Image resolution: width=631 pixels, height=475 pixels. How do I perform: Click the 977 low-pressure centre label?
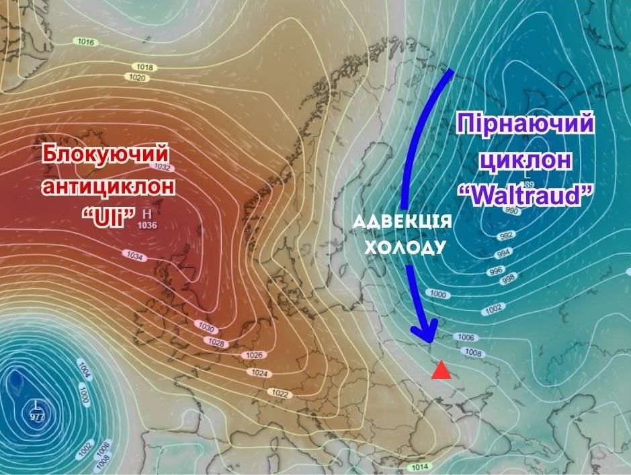[x=36, y=417]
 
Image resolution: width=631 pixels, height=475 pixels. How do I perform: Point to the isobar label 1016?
[x=86, y=42]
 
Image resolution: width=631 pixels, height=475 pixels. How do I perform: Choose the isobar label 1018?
[x=144, y=67]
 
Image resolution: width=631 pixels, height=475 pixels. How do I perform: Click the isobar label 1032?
[x=162, y=167]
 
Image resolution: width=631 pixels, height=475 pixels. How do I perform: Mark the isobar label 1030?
[x=206, y=327]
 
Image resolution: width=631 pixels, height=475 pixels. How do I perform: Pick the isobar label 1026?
[x=254, y=355]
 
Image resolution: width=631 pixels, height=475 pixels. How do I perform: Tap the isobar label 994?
[x=501, y=254]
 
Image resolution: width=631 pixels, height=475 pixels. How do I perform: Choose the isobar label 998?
[x=508, y=278]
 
